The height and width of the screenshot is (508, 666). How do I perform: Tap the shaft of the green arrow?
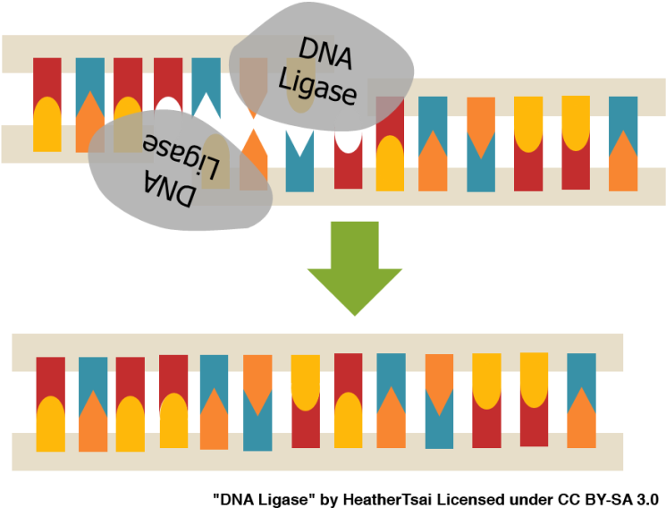(355, 243)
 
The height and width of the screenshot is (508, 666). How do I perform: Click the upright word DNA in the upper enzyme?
(325, 55)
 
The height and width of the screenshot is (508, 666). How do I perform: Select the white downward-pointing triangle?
(299, 142)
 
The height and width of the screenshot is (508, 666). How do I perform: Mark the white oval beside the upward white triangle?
(168, 114)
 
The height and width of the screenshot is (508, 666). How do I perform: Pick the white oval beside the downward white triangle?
(348, 134)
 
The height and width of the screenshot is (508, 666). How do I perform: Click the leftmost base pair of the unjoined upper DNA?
(47, 105)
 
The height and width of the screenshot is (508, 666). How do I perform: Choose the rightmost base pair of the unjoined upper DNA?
(623, 143)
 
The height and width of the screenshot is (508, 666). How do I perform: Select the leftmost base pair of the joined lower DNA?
(51, 403)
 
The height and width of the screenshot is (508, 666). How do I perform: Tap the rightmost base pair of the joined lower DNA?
(581, 401)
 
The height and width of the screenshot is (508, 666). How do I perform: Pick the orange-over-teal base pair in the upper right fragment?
(481, 143)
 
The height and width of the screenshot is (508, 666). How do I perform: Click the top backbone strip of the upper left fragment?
(116, 53)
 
